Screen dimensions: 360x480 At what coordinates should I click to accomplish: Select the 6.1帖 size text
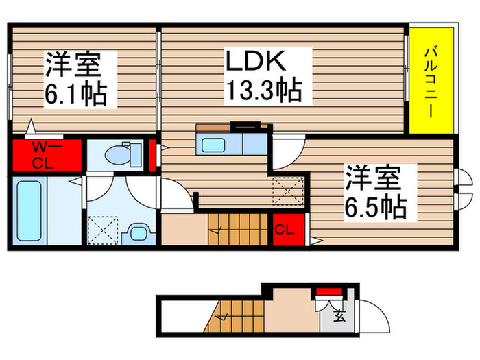75,93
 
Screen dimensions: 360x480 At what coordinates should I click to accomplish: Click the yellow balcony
431,82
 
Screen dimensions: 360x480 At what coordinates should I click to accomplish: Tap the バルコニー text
431,82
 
